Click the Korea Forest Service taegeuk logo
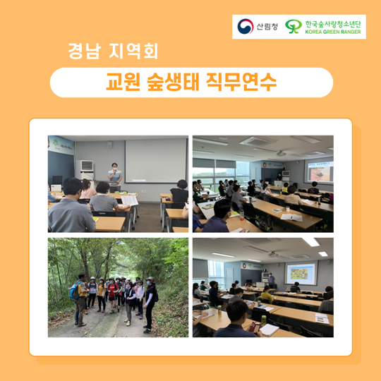[x=245, y=26]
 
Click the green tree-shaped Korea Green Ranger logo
[x=294, y=26]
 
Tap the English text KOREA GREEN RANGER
[x=333, y=32]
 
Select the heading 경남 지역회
[x=113, y=51]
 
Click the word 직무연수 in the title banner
[x=241, y=82]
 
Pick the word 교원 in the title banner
[x=123, y=82]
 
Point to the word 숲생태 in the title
[x=173, y=82]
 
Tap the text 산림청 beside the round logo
[x=267, y=26]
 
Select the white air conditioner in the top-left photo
[x=85, y=170]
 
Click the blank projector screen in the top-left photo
[x=155, y=161]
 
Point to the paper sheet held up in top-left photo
[x=130, y=200]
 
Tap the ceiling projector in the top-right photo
[x=281, y=153]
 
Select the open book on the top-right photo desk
[x=291, y=217]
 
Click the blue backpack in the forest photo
[x=74, y=290]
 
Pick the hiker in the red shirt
[x=112, y=295]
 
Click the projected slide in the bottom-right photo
[x=301, y=273]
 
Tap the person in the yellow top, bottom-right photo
[x=267, y=294]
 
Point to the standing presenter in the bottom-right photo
[x=271, y=280]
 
